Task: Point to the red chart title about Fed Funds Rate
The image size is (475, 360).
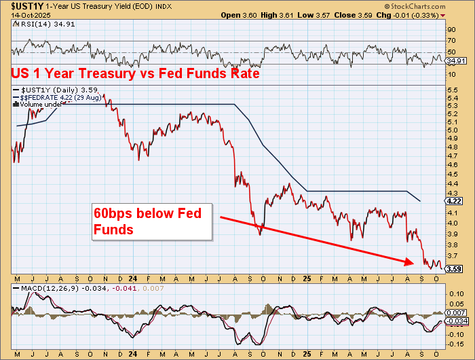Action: [x=135, y=74]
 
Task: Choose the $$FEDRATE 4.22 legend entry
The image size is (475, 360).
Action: [x=62, y=97]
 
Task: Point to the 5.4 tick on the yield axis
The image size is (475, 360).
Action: [x=452, y=98]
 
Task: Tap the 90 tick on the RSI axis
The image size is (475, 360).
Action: [x=451, y=31]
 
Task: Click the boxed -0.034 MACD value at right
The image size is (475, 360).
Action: [x=457, y=320]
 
